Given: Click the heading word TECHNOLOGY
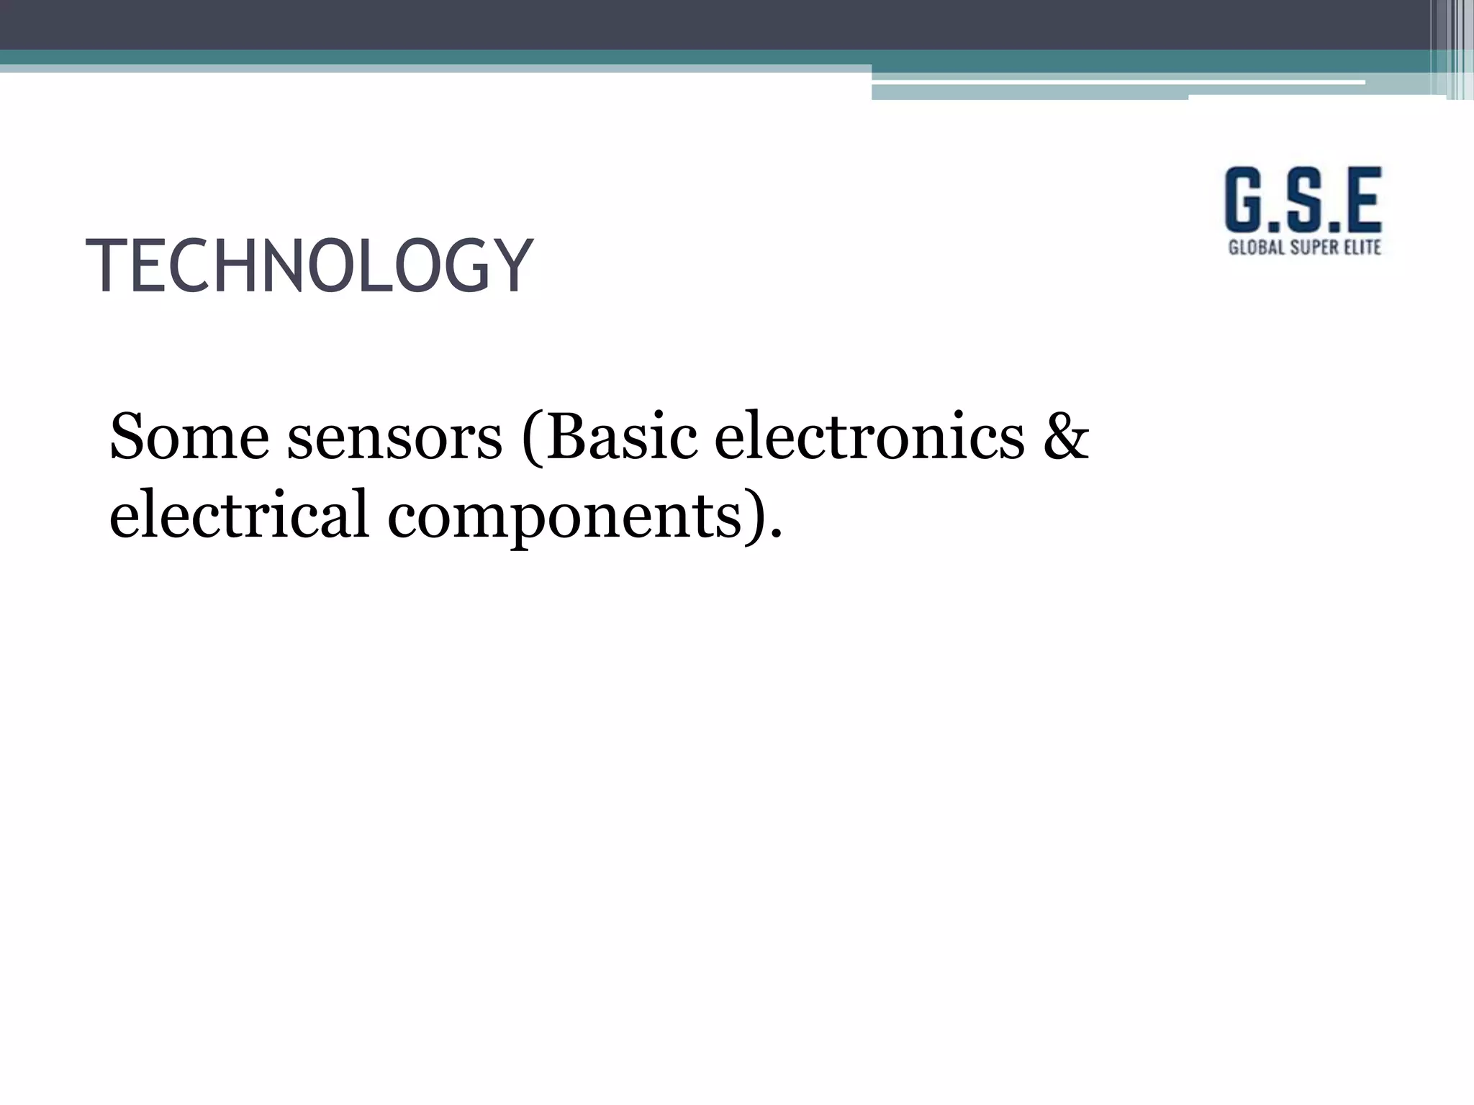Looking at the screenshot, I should click(x=309, y=266).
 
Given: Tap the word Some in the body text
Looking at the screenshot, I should click(x=189, y=437).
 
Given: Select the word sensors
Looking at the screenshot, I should click(x=394, y=437).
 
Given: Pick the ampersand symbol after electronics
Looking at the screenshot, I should click(x=1066, y=437).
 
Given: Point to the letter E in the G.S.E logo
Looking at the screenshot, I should click(x=1360, y=201).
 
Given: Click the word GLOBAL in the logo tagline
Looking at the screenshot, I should click(x=1255, y=247).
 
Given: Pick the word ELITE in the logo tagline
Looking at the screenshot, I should click(x=1363, y=247).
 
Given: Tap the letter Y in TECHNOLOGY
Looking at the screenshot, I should click(x=510, y=266).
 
